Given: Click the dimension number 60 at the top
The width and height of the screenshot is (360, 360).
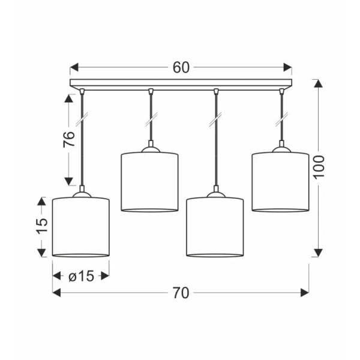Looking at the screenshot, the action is (x=181, y=67).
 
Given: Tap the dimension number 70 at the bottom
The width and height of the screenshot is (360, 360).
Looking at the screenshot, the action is (x=181, y=293).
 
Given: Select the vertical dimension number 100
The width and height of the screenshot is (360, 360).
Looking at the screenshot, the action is (x=319, y=167).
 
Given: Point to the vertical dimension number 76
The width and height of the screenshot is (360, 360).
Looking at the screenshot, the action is (x=69, y=139).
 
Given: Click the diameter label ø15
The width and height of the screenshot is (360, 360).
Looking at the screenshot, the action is (x=81, y=276).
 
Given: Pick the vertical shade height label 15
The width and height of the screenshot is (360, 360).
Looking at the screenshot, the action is (x=42, y=226).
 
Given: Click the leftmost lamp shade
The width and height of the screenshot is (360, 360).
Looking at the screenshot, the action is (x=81, y=227).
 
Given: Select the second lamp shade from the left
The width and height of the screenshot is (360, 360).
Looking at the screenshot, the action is (x=149, y=181).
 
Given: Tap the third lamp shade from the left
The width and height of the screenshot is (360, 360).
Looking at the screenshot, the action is (x=215, y=227).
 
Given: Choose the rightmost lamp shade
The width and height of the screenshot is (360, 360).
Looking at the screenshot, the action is (x=280, y=181).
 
